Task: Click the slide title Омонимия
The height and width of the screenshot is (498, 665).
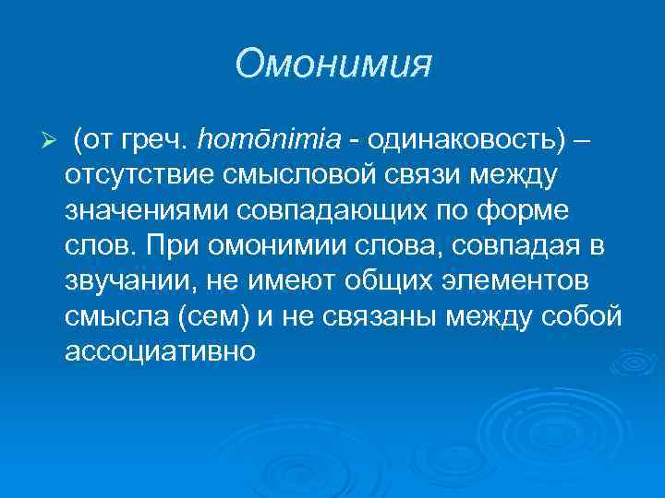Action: [x=333, y=64]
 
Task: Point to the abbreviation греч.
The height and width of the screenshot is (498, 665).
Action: [x=158, y=139]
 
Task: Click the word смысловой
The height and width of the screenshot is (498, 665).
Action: [x=292, y=174]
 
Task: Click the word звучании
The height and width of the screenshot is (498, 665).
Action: [x=120, y=279]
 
